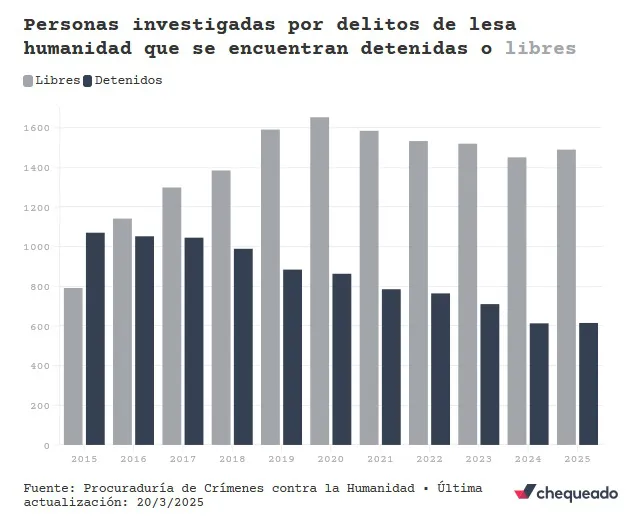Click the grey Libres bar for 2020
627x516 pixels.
pyautogui.click(x=319, y=281)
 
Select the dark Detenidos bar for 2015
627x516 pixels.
pyautogui.click(x=95, y=339)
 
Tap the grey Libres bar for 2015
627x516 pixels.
pyautogui.click(x=73, y=366)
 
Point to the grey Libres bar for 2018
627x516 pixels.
pyautogui.click(x=221, y=308)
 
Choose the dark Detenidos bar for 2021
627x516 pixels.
pyautogui.click(x=391, y=367)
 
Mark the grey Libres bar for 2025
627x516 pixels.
pyautogui.click(x=566, y=297)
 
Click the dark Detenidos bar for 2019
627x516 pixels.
pyautogui.click(x=292, y=357)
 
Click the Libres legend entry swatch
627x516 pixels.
pyautogui.click(x=28, y=80)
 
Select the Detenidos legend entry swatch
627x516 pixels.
pyautogui.click(x=88, y=80)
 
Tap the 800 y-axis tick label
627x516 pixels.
pyautogui.click(x=41, y=287)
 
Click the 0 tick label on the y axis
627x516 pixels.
pyautogui.click(x=46, y=445)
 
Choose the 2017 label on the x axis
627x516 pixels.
pyautogui.click(x=183, y=458)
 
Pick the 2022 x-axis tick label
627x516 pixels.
pyautogui.click(x=429, y=458)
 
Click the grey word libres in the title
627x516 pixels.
pyautogui.click(x=541, y=47)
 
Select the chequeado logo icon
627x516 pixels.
pyautogui.click(x=524, y=493)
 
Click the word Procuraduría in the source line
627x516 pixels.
pyautogui.click(x=136, y=487)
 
